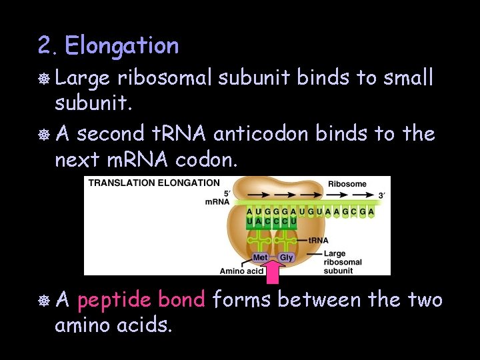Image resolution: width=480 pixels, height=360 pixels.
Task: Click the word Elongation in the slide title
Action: pos(122,45)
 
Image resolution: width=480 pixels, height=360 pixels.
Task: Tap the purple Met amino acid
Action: pos(260,257)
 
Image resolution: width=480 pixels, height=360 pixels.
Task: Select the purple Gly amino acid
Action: pos(286,257)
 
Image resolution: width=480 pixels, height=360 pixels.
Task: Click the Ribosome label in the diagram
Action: pos(347,183)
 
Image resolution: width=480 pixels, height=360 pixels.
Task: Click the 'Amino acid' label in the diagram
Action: pos(241,270)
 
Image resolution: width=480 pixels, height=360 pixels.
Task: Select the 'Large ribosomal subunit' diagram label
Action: pos(343,261)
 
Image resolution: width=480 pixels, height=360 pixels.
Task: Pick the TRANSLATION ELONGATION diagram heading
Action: pos(154,183)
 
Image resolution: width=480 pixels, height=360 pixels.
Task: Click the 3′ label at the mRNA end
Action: pos(382,195)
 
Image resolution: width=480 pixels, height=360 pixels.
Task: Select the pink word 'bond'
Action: pos(182,300)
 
